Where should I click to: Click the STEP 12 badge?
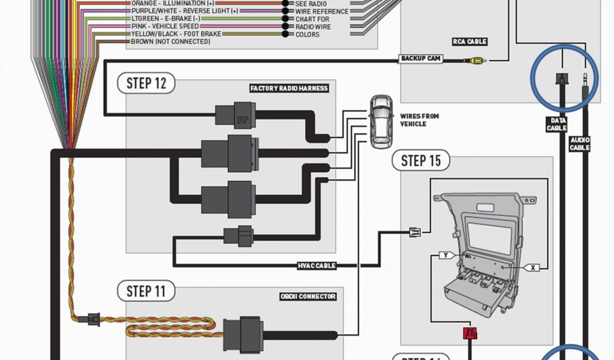pos(146,83)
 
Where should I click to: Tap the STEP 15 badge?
pos(421,160)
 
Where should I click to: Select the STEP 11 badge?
pos(146,292)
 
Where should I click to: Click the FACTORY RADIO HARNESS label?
pos(289,88)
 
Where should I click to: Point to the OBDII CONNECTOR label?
pos(308,296)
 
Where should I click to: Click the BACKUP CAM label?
pos(422,58)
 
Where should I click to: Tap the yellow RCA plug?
pos(476,60)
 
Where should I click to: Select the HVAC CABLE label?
pos(317,265)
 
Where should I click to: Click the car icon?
pos(380,121)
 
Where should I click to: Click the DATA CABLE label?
pos(556,124)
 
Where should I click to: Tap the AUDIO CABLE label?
pos(580,143)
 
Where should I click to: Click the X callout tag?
pos(534,268)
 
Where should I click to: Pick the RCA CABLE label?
pos(469,42)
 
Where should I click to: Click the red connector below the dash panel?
pos(469,334)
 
